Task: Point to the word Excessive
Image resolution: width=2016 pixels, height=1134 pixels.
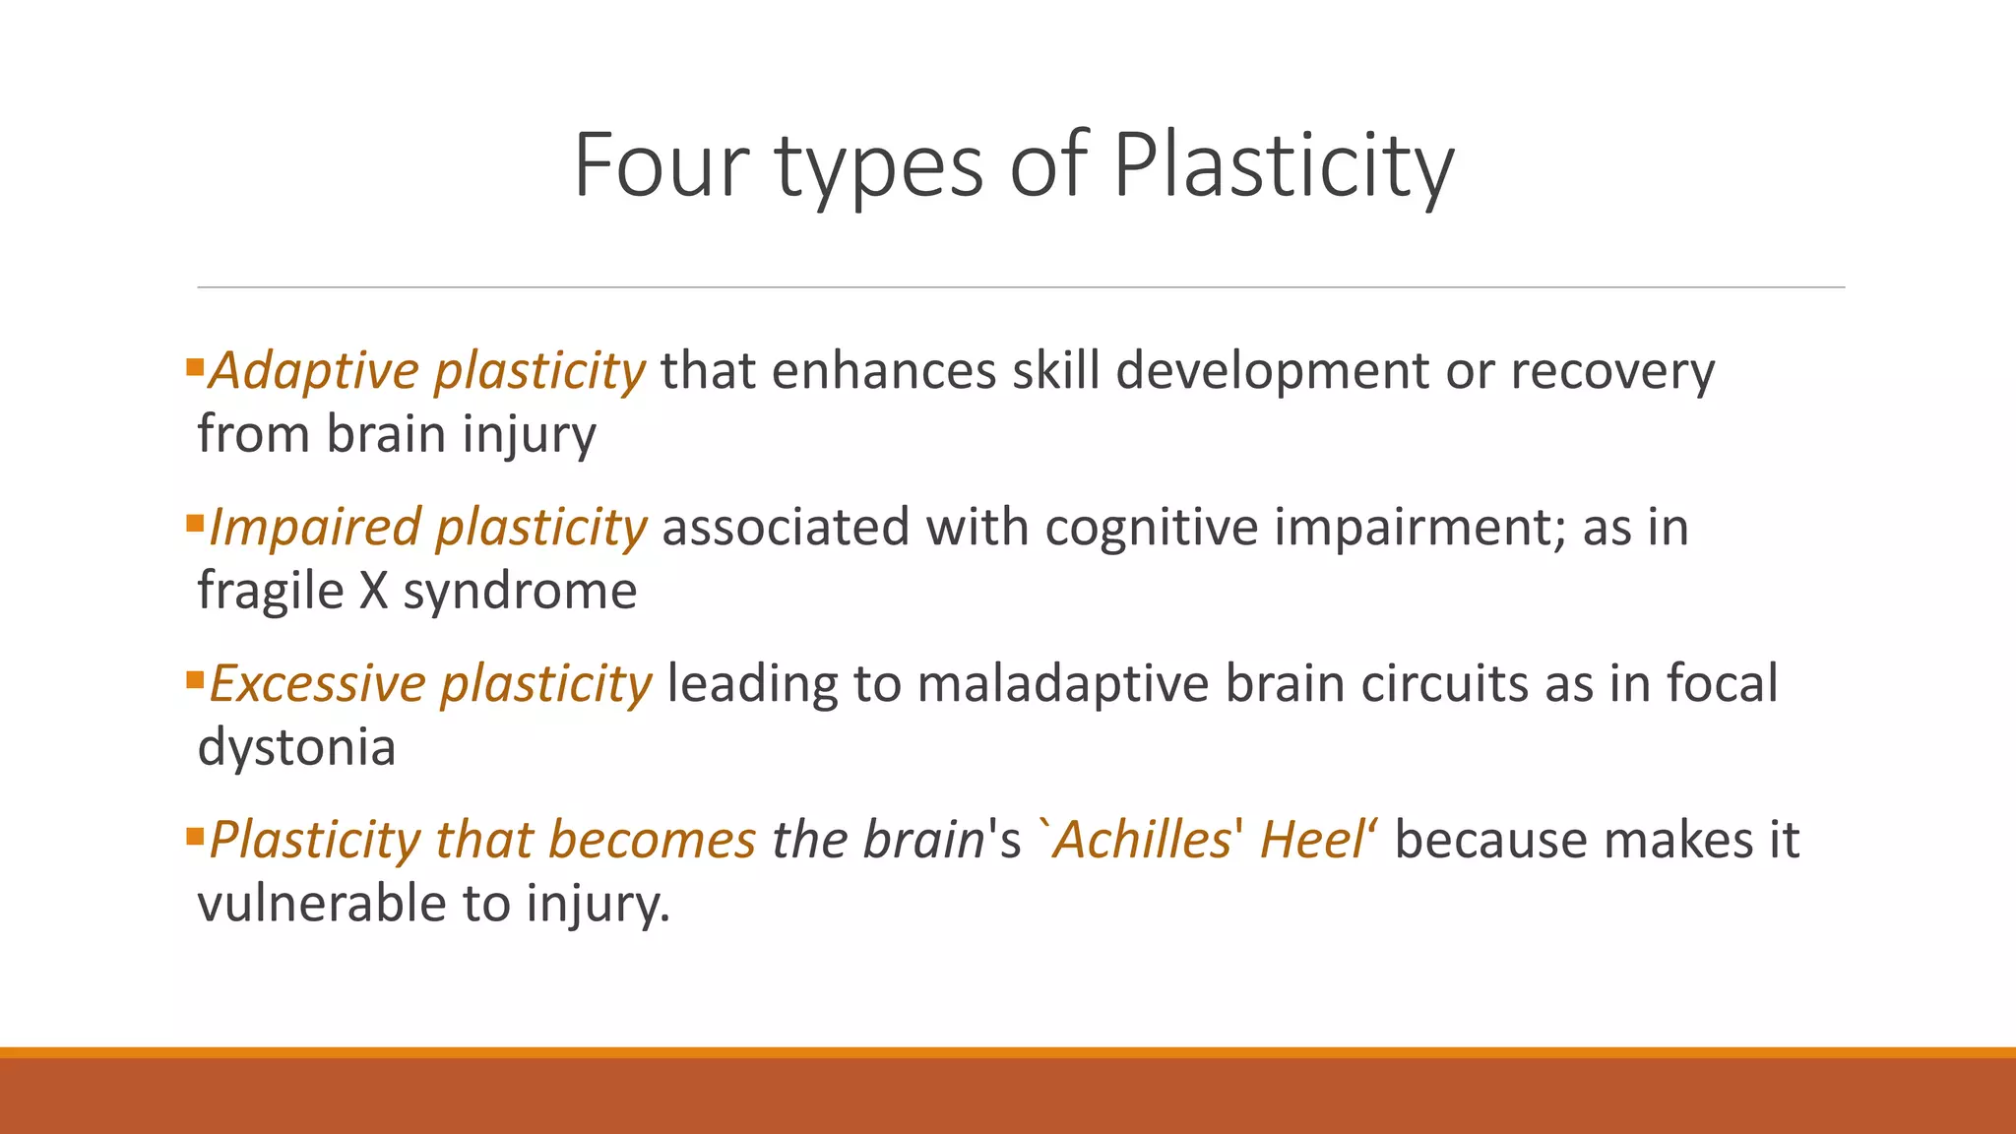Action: pos(317,684)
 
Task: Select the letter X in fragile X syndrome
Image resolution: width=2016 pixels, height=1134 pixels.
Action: pos(374,592)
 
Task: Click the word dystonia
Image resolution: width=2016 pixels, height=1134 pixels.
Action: pos(296,748)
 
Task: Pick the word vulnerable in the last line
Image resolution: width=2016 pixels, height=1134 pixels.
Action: pos(321,904)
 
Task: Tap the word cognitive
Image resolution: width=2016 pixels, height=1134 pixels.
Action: pos(1152,529)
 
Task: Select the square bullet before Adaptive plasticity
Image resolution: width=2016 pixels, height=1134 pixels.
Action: pos(194,368)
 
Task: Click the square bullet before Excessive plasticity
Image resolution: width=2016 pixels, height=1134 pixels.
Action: pos(194,680)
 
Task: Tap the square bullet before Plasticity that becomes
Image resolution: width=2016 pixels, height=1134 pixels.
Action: pos(194,837)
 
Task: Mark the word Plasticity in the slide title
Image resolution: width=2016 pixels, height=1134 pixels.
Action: pos(1284,167)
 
